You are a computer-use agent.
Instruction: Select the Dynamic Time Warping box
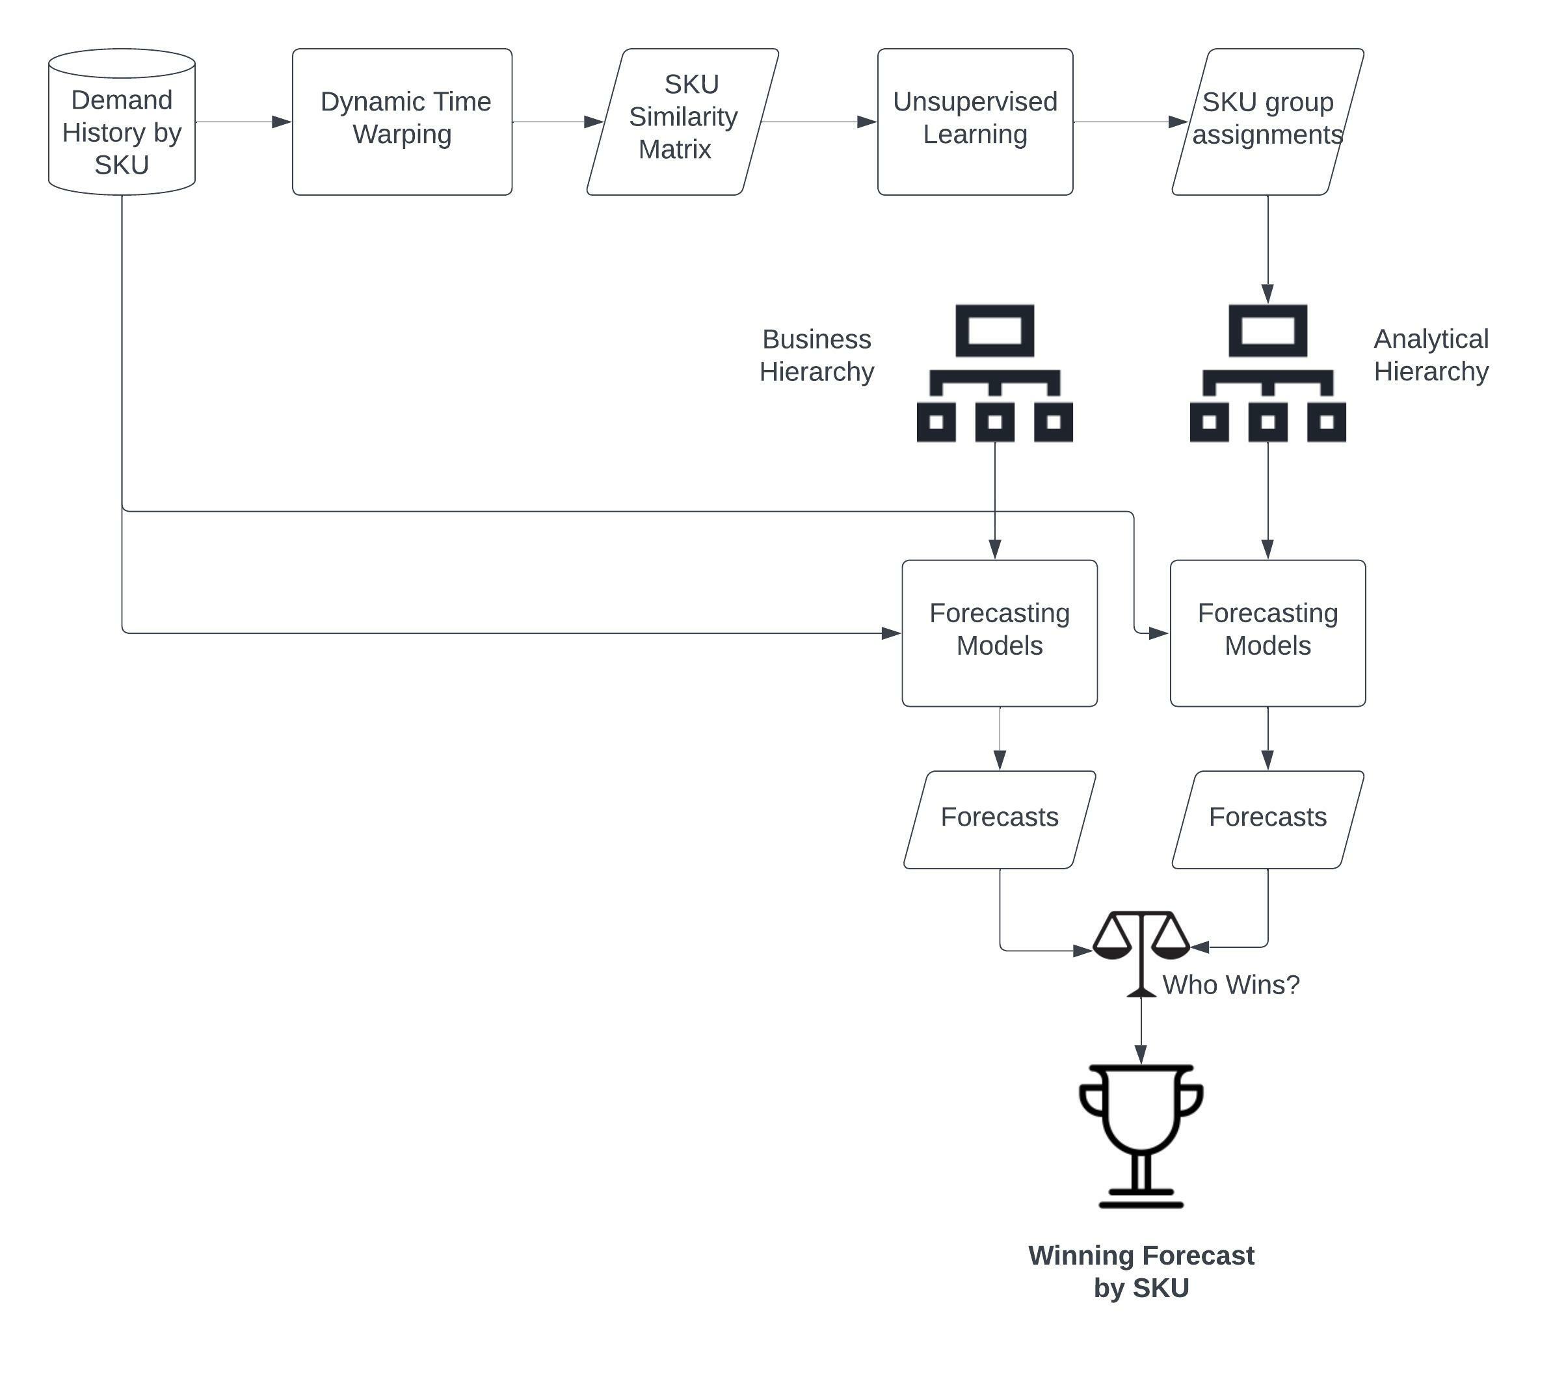coord(401,121)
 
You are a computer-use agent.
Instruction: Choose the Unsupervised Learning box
coord(975,121)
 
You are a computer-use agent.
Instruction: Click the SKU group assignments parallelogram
coord(1267,121)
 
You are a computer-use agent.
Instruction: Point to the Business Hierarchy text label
coord(816,356)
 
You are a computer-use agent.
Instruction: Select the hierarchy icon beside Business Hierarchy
coord(994,373)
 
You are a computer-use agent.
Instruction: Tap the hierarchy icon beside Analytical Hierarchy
coord(1267,373)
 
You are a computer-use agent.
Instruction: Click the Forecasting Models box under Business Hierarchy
coord(999,633)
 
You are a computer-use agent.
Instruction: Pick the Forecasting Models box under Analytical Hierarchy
coord(1267,633)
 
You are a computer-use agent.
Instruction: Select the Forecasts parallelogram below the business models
coord(999,819)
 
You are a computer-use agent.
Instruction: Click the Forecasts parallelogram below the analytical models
coord(1267,819)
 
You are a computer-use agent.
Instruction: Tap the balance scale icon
coord(1141,950)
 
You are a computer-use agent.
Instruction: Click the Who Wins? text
coord(1230,985)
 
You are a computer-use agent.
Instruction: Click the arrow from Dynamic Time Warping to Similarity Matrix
coord(557,122)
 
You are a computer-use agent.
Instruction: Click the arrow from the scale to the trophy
coord(1141,1030)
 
